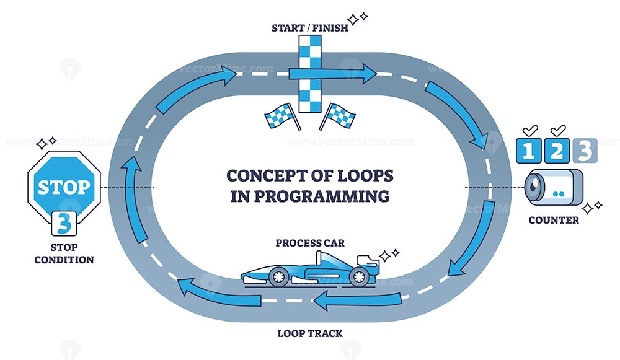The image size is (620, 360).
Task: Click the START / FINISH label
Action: click(310, 28)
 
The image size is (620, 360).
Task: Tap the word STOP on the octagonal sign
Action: click(64, 187)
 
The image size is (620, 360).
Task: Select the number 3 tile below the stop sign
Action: click(64, 224)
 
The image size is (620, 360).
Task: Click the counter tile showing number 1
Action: click(529, 151)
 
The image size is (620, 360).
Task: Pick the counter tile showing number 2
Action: click(557, 151)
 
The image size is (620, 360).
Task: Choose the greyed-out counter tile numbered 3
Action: click(585, 151)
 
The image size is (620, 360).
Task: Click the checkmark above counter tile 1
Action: click(530, 130)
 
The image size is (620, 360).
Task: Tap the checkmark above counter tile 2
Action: click(558, 130)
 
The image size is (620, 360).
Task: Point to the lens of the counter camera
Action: click(534, 188)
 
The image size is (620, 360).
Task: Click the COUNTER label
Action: click(554, 220)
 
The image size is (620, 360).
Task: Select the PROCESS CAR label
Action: click(310, 243)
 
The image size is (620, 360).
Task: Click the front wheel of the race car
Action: click(278, 276)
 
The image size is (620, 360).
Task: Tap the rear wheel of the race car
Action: click(359, 276)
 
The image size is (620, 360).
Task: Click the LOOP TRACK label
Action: click(310, 333)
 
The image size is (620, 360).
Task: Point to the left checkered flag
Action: click(282, 116)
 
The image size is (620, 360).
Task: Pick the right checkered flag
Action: click(337, 116)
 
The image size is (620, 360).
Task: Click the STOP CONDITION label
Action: click(64, 253)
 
